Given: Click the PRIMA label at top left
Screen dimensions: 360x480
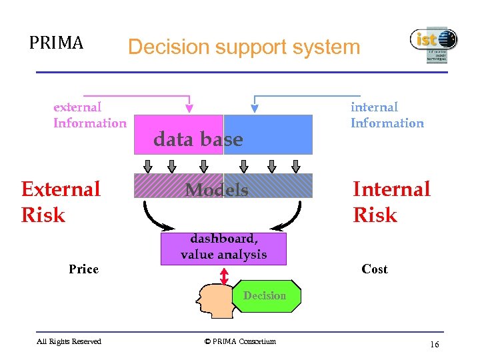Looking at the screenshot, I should coord(56,43).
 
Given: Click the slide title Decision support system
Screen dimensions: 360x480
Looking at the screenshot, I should coord(243,47).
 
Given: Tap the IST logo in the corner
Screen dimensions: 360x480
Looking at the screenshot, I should coord(433,45).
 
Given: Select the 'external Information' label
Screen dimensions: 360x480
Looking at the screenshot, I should coord(89,115).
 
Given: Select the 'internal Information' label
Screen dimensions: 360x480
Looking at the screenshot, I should coord(387,115).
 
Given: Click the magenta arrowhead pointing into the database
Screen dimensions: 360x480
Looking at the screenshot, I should coord(189,107).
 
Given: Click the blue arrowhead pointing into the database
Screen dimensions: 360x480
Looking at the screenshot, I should coord(254,107).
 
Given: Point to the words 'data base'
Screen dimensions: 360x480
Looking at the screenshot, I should coord(198,139).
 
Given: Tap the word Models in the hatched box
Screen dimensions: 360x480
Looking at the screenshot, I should coord(217,190).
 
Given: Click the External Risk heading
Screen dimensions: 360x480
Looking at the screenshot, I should coord(60,202).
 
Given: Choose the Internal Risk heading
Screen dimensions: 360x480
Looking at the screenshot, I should coord(391,202).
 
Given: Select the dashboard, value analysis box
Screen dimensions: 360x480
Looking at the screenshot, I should coord(223,247).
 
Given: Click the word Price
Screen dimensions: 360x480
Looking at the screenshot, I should coord(83,269).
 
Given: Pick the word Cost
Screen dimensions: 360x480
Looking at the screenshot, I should coord(374,269).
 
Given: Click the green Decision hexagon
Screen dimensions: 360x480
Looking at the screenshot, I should coord(265,296).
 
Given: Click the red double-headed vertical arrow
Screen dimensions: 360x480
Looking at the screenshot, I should coord(224,275).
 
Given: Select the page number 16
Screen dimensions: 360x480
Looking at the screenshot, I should coord(435,344).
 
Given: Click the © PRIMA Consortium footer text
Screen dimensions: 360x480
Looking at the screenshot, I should coord(240,341).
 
